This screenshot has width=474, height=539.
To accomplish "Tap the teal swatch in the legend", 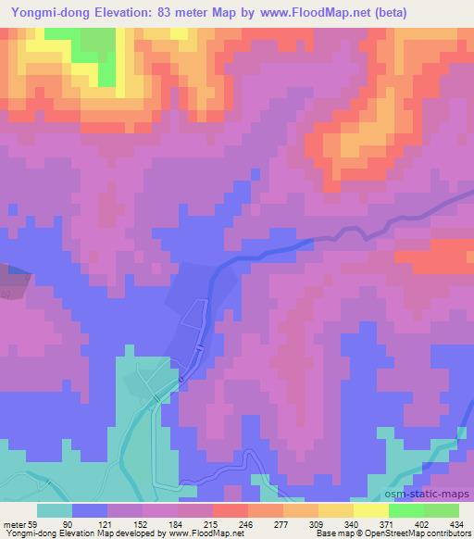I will [55, 509].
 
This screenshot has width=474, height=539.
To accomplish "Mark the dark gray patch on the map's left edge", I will [11, 277].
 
